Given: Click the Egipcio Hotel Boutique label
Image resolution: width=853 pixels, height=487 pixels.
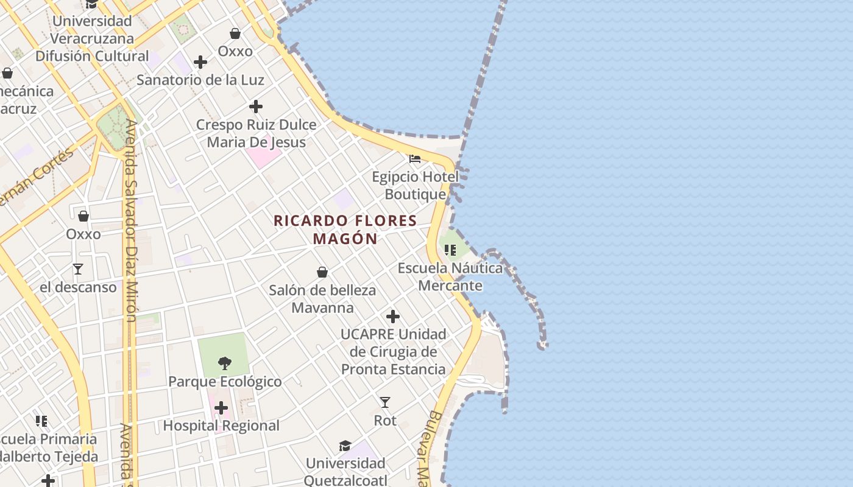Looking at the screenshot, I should pyautogui.click(x=415, y=186).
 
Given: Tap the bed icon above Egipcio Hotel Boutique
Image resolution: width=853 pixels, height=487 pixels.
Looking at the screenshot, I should pyautogui.click(x=415, y=159).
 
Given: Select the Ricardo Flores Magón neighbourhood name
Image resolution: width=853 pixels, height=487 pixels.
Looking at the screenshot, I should pyautogui.click(x=345, y=229).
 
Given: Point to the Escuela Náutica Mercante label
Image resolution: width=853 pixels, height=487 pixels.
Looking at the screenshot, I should pyautogui.click(x=450, y=277).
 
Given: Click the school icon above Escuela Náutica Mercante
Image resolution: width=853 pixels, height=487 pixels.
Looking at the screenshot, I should pyautogui.click(x=450, y=250).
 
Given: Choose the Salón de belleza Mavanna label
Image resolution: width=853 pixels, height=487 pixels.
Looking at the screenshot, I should pyautogui.click(x=322, y=299).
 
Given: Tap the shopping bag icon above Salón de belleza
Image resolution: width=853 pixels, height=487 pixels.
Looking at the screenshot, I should pyautogui.click(x=322, y=272).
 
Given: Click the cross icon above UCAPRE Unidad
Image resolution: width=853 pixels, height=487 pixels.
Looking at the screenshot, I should pyautogui.click(x=393, y=317).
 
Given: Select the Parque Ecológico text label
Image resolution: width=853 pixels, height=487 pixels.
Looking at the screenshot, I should pyautogui.click(x=225, y=382).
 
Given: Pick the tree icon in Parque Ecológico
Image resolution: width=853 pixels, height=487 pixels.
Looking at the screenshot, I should pyautogui.click(x=225, y=363).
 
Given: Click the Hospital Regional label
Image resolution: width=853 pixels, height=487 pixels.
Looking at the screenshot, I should pyautogui.click(x=221, y=426).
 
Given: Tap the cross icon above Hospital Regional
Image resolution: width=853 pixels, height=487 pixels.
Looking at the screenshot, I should pyautogui.click(x=221, y=407).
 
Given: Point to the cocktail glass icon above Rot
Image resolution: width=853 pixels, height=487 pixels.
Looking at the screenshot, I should pyautogui.click(x=385, y=402).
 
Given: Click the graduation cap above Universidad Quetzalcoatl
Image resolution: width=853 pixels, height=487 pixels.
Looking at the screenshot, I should pyautogui.click(x=345, y=446).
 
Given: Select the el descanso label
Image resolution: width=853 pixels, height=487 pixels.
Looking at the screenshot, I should pyautogui.click(x=78, y=287).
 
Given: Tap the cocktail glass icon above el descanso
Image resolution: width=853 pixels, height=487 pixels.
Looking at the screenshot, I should pyautogui.click(x=78, y=268).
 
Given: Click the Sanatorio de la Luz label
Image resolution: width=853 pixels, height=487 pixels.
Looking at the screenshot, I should pyautogui.click(x=200, y=80).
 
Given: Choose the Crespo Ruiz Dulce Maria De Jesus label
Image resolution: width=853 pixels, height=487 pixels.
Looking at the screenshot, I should pyautogui.click(x=256, y=133).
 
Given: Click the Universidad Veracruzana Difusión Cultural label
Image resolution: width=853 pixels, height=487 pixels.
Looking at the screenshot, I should pyautogui.click(x=92, y=38).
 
